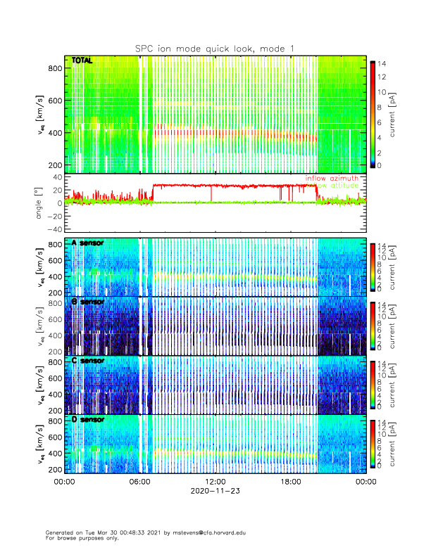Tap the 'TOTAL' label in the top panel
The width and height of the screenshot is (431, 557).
click(x=82, y=61)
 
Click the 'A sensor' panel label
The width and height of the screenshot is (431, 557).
click(x=87, y=243)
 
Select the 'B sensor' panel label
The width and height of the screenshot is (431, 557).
click(x=87, y=302)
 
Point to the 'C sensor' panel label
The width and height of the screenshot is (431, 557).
click(x=87, y=361)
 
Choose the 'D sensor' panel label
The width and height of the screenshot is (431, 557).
click(x=87, y=420)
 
